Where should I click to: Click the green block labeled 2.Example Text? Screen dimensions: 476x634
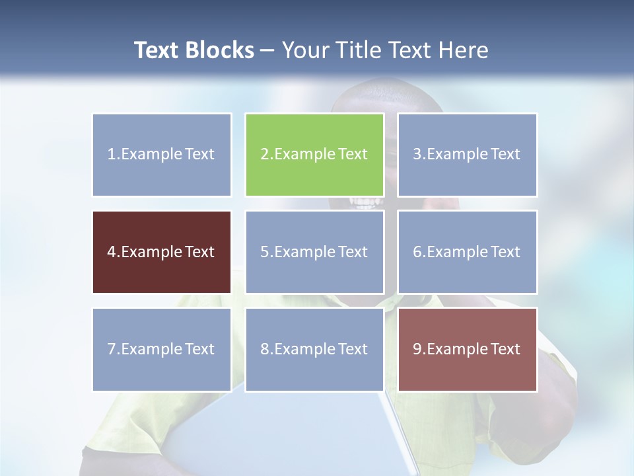tap(314, 155)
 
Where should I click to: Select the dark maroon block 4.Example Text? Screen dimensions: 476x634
tap(162, 252)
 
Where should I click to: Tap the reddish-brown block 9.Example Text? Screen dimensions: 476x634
tap(467, 349)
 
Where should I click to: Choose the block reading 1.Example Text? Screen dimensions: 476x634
tap(162, 155)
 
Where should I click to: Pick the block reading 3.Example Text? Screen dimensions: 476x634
tap(467, 155)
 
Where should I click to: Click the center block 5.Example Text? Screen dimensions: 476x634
tap(314, 252)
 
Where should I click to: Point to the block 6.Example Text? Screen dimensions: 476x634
tap(467, 252)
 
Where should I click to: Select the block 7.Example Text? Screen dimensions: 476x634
tap(162, 349)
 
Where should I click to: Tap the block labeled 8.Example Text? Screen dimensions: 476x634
tap(314, 349)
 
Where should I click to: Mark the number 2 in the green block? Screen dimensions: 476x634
tap(264, 155)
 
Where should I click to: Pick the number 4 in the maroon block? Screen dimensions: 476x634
tap(111, 252)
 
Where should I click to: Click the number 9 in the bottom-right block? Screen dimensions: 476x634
tap(417, 349)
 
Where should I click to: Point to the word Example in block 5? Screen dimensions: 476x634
tap(303, 252)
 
